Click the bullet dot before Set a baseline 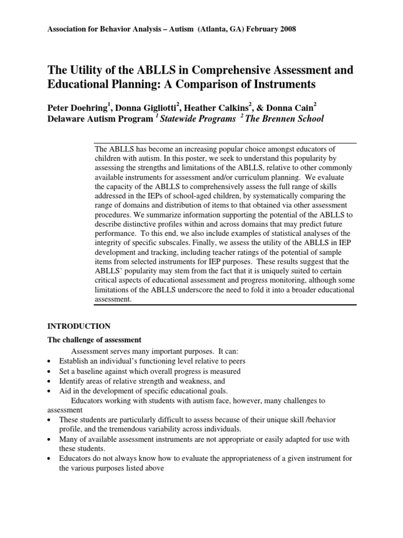(49, 371)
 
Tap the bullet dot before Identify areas (49, 381)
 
